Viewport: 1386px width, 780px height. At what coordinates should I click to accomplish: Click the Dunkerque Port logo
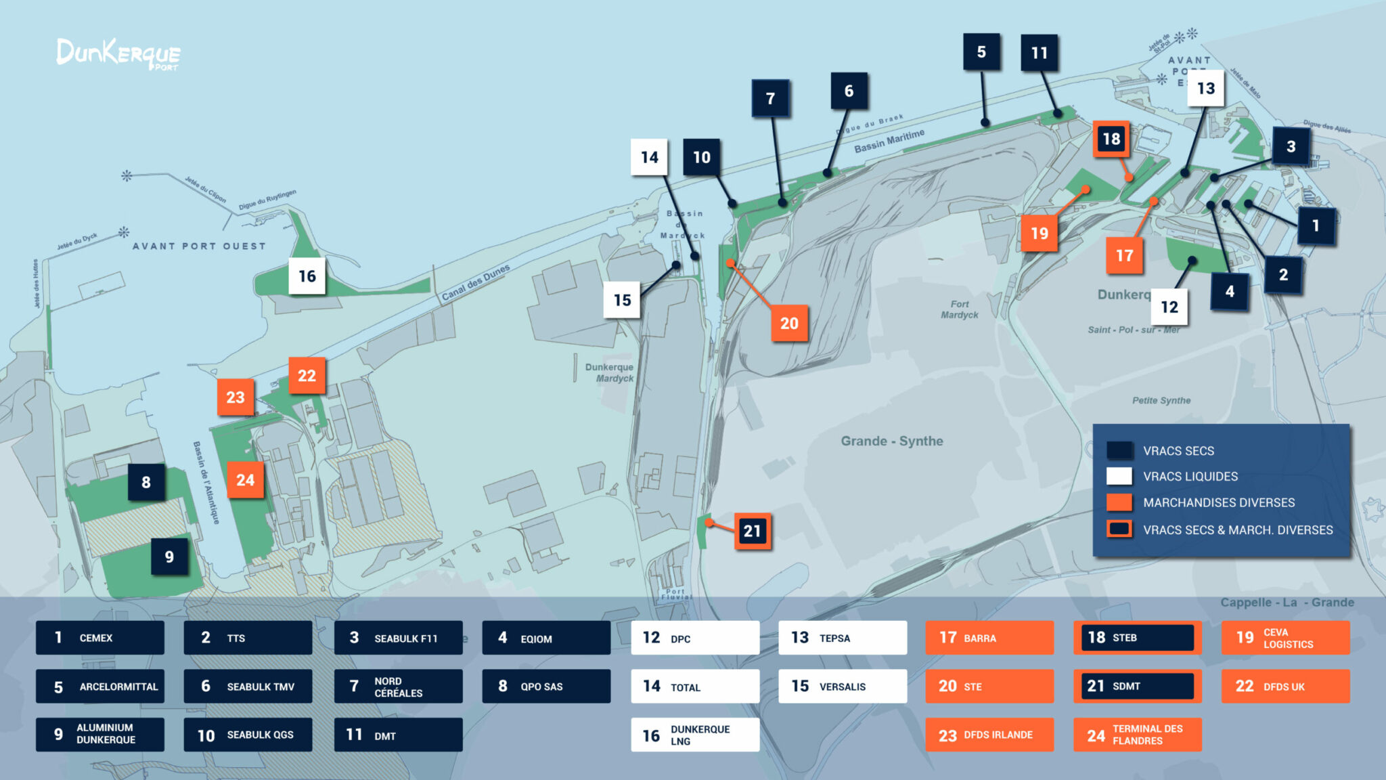pos(118,54)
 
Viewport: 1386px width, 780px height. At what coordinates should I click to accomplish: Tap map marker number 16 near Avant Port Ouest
pos(307,276)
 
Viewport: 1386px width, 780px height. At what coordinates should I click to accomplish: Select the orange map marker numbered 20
pos(789,324)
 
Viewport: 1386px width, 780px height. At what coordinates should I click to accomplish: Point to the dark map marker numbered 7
pos(770,99)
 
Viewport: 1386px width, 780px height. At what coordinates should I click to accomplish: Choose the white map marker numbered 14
pos(649,158)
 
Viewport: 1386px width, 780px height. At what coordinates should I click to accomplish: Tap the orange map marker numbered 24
pos(245,480)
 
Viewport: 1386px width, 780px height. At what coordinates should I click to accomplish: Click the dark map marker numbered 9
pos(169,557)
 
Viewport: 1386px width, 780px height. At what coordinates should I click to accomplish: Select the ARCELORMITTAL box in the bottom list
pos(100,687)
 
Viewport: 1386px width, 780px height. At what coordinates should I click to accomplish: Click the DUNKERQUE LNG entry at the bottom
pos(695,735)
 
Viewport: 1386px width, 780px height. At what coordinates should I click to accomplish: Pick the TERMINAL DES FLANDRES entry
pos(1137,735)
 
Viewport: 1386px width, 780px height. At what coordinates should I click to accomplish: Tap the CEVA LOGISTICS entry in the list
pos(1285,638)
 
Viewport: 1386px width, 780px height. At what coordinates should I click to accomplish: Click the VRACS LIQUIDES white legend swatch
pos(1119,476)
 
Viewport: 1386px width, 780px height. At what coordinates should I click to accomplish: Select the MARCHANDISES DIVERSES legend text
pos(1218,502)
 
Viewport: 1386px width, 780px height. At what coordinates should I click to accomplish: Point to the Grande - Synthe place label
pos(891,441)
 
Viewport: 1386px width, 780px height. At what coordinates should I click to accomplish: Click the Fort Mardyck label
pos(959,309)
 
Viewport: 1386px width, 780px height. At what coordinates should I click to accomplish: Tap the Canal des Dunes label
pos(475,282)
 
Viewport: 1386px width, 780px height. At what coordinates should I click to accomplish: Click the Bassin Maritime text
pos(889,141)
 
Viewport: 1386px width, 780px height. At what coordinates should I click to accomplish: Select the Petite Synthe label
pos(1161,400)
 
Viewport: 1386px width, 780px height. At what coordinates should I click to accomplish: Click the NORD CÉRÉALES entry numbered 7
pos(398,687)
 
